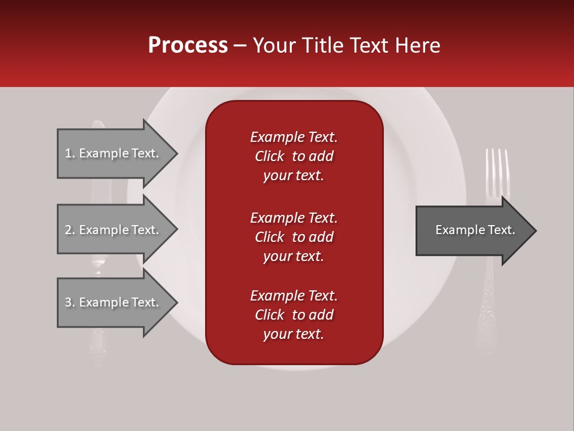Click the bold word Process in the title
188,45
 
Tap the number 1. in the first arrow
70,153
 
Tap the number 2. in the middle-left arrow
70,230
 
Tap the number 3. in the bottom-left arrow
70,302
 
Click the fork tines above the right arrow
497,171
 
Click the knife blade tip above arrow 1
98,124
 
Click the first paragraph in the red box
294,156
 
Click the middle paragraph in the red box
294,237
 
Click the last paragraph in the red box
294,315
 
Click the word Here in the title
419,45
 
